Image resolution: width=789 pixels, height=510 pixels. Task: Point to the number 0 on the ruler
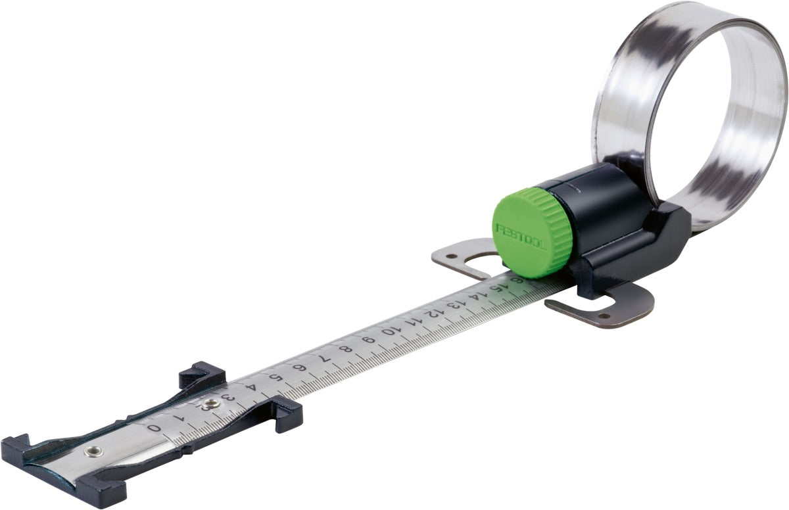[x=154, y=428]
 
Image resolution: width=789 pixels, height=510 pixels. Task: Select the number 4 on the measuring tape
[x=251, y=388]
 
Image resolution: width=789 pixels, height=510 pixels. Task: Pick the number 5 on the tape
[x=274, y=379]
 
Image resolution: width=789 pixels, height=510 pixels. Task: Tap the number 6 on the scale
[x=300, y=368]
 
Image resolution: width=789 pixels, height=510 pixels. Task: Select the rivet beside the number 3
[x=210, y=404]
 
